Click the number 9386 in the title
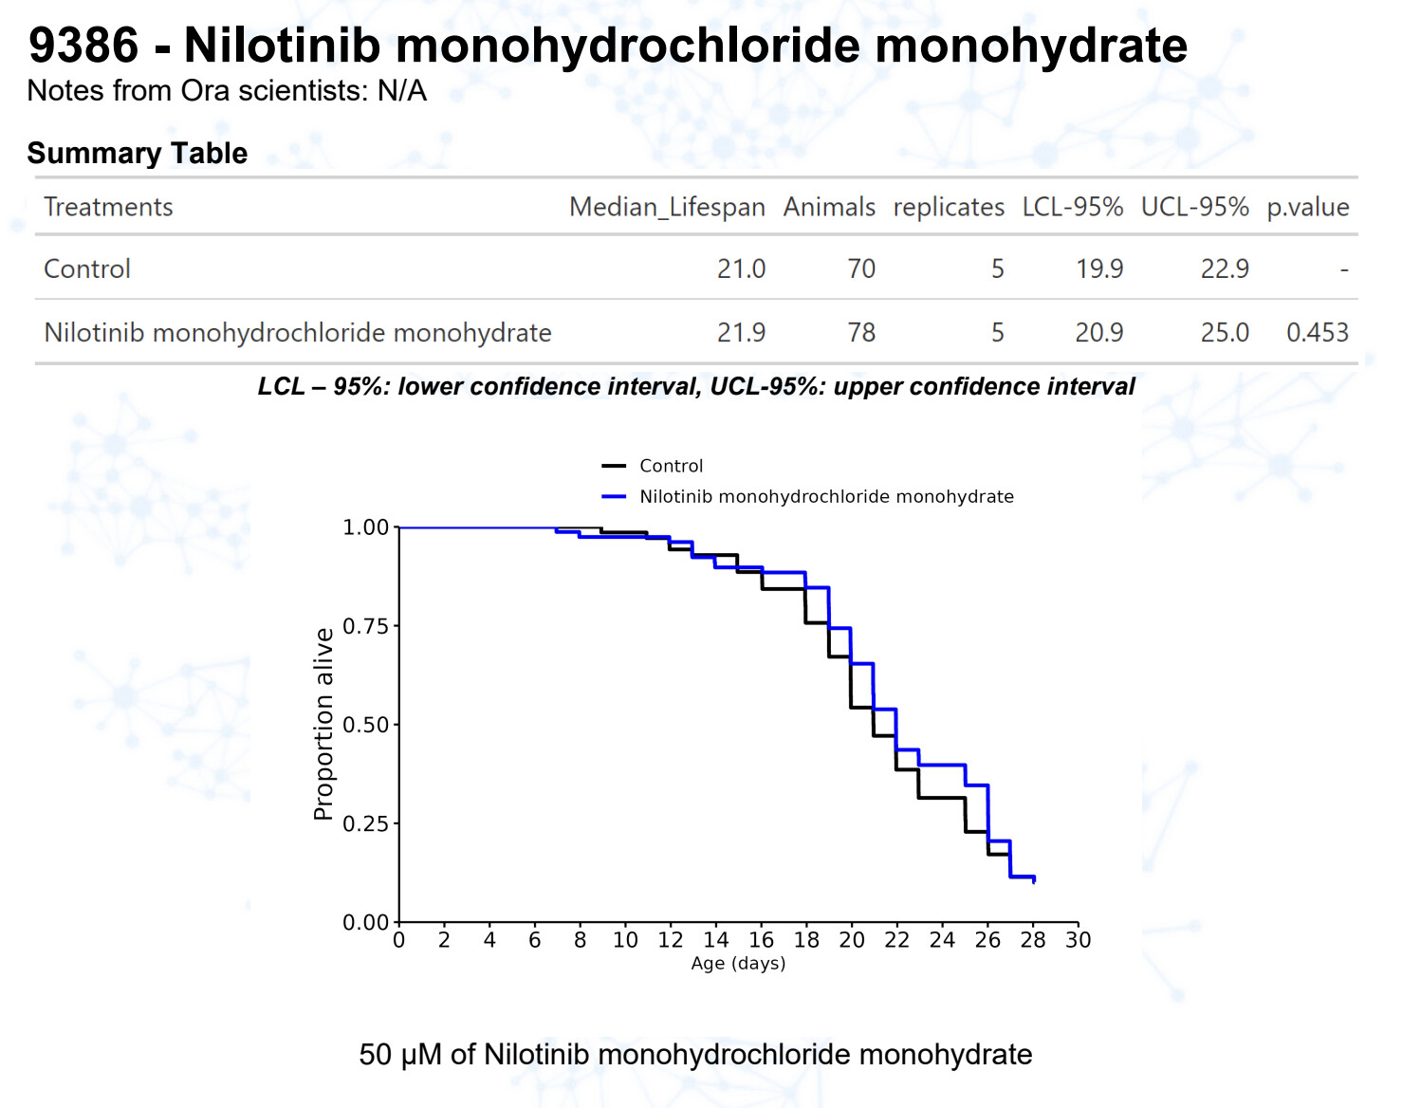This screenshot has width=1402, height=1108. click(83, 46)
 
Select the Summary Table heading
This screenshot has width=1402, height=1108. click(137, 153)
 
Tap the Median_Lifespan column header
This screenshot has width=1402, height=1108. click(666, 207)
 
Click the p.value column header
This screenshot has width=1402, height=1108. click(1307, 207)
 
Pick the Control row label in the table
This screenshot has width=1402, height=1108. click(87, 268)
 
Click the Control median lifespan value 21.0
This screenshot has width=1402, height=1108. click(741, 268)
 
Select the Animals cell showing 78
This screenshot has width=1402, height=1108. click(861, 332)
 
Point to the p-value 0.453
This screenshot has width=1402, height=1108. click(1317, 332)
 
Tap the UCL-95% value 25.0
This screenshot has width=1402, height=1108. click(1224, 332)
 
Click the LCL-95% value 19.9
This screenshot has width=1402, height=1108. click(1098, 268)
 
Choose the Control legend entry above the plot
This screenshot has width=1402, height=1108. click(671, 466)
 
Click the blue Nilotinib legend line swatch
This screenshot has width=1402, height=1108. click(614, 496)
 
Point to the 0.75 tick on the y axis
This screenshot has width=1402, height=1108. click(365, 626)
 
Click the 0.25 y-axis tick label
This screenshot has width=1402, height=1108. click(365, 823)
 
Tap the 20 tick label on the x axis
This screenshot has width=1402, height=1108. click(851, 940)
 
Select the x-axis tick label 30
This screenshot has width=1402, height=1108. click(1078, 940)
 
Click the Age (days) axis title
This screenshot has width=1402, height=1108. click(738, 963)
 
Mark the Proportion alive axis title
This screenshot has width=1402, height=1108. click(323, 724)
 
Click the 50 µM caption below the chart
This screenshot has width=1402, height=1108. click(695, 1054)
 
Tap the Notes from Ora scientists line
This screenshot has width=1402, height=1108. click(227, 91)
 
